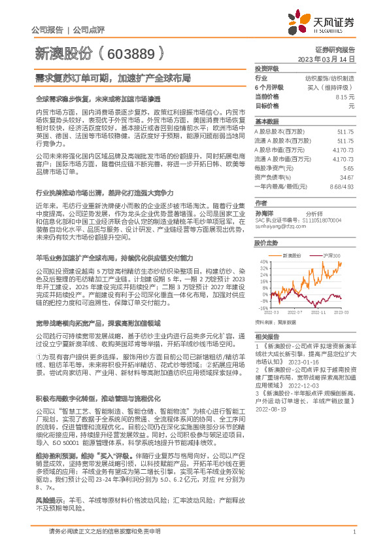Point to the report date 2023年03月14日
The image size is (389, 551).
pyautogui.click(x=326, y=58)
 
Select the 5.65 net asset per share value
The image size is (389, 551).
pyautogui.click(x=348, y=168)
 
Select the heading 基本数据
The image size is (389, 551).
pyautogui.click(x=267, y=122)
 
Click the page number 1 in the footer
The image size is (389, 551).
pyautogui.click(x=354, y=533)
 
